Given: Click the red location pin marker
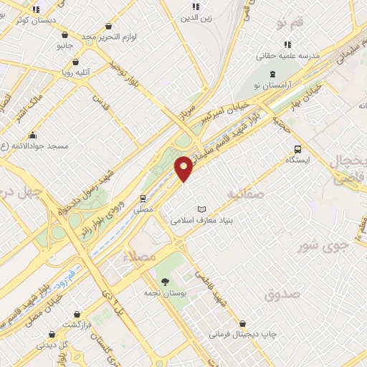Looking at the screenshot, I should pyautogui.click(x=184, y=168).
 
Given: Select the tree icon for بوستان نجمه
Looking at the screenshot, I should pyautogui.click(x=166, y=282).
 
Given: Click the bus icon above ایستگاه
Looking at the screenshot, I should pyautogui.click(x=297, y=149).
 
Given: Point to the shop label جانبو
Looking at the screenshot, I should pyautogui.click(x=65, y=45).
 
